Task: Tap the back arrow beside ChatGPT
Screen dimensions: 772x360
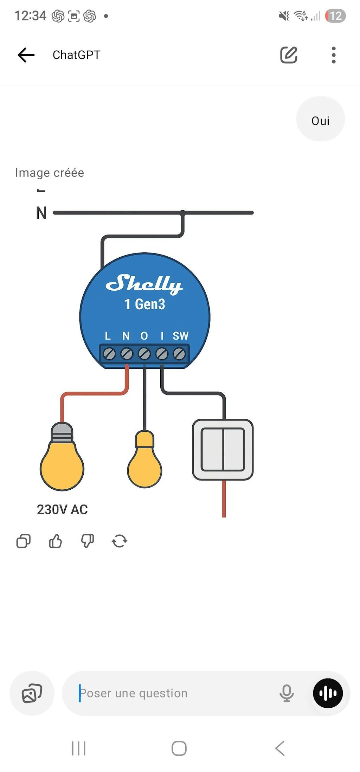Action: point(26,55)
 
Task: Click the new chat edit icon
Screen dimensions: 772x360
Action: point(289,55)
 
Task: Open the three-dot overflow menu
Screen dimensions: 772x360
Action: point(334,55)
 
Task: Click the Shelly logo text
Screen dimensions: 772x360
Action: point(144,283)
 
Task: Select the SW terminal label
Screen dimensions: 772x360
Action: point(180,336)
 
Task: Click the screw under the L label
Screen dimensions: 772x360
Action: point(109,354)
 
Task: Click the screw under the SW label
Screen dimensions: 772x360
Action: point(179,354)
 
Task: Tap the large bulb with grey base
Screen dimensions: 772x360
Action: point(62,459)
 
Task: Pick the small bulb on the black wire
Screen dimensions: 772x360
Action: point(144,461)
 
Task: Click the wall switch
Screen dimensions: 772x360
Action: point(223,450)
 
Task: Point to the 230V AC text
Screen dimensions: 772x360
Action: point(62,509)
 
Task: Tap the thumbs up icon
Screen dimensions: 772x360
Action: point(56,541)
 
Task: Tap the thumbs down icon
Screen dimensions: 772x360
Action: point(88,541)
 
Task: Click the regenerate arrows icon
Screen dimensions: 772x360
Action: point(120,541)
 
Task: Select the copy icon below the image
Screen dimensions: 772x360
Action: point(24,541)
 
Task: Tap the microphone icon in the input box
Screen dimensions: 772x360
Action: point(287,693)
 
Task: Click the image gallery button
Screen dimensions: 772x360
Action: point(32,693)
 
